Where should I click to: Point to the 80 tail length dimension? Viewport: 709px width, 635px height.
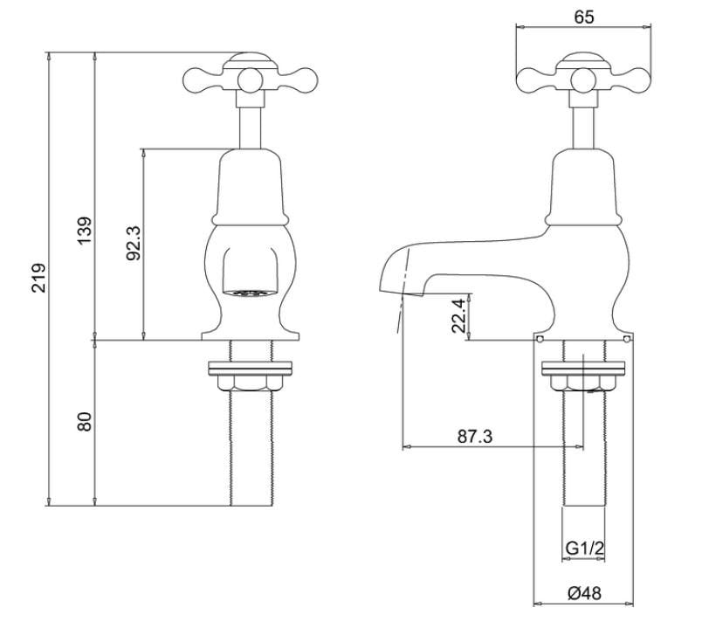(85, 423)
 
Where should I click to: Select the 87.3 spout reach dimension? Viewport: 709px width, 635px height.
(476, 437)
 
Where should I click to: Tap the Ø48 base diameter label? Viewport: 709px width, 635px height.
(584, 593)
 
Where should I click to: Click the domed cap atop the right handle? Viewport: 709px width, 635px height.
(584, 61)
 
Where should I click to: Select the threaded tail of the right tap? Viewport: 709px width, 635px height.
(583, 454)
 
